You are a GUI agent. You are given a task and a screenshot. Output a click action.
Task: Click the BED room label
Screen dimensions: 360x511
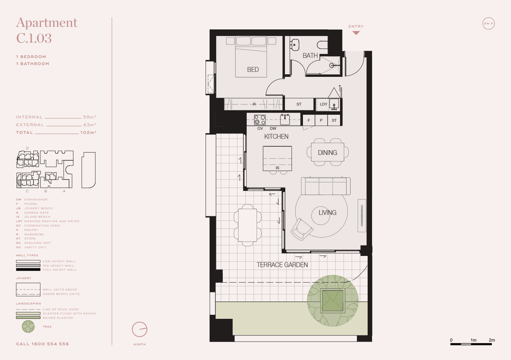pyautogui.click(x=253, y=69)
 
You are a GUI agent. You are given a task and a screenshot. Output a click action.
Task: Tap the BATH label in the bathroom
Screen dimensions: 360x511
pyautogui.click(x=310, y=56)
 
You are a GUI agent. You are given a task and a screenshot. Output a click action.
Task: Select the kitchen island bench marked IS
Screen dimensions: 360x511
pyautogui.click(x=277, y=158)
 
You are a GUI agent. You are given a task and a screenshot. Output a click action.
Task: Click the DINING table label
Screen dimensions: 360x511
pyautogui.click(x=327, y=153)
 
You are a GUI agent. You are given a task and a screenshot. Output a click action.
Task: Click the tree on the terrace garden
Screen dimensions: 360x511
pyautogui.click(x=333, y=300)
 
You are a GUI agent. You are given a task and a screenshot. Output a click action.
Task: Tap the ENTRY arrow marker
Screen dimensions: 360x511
pyautogui.click(x=356, y=33)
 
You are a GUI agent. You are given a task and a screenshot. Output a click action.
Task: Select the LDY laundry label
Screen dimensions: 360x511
pyautogui.click(x=324, y=104)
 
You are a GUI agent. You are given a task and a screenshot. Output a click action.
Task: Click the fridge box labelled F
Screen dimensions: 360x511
pyautogui.click(x=309, y=120)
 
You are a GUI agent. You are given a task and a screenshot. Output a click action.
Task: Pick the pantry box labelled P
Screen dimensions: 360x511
pyautogui.click(x=321, y=120)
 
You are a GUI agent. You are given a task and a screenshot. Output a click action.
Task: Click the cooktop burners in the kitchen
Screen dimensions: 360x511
pyautogui.click(x=260, y=120)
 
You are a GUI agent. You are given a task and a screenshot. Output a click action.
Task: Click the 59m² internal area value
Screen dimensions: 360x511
pyautogui.click(x=89, y=117)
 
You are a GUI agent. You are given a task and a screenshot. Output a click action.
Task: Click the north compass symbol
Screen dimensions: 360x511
pyautogui.click(x=140, y=329)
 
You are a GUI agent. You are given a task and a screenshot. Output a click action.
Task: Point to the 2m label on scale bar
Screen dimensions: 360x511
pyautogui.click(x=492, y=340)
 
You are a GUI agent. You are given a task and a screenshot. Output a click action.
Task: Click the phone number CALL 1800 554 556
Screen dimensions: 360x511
pyautogui.click(x=42, y=344)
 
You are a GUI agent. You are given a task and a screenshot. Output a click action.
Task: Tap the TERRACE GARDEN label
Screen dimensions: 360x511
pyautogui.click(x=282, y=265)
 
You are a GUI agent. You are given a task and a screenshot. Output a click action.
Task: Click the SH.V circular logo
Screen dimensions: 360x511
pyautogui.click(x=489, y=24)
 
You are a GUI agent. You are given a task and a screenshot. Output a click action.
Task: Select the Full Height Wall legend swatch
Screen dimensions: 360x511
pyautogui.click(x=28, y=270)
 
